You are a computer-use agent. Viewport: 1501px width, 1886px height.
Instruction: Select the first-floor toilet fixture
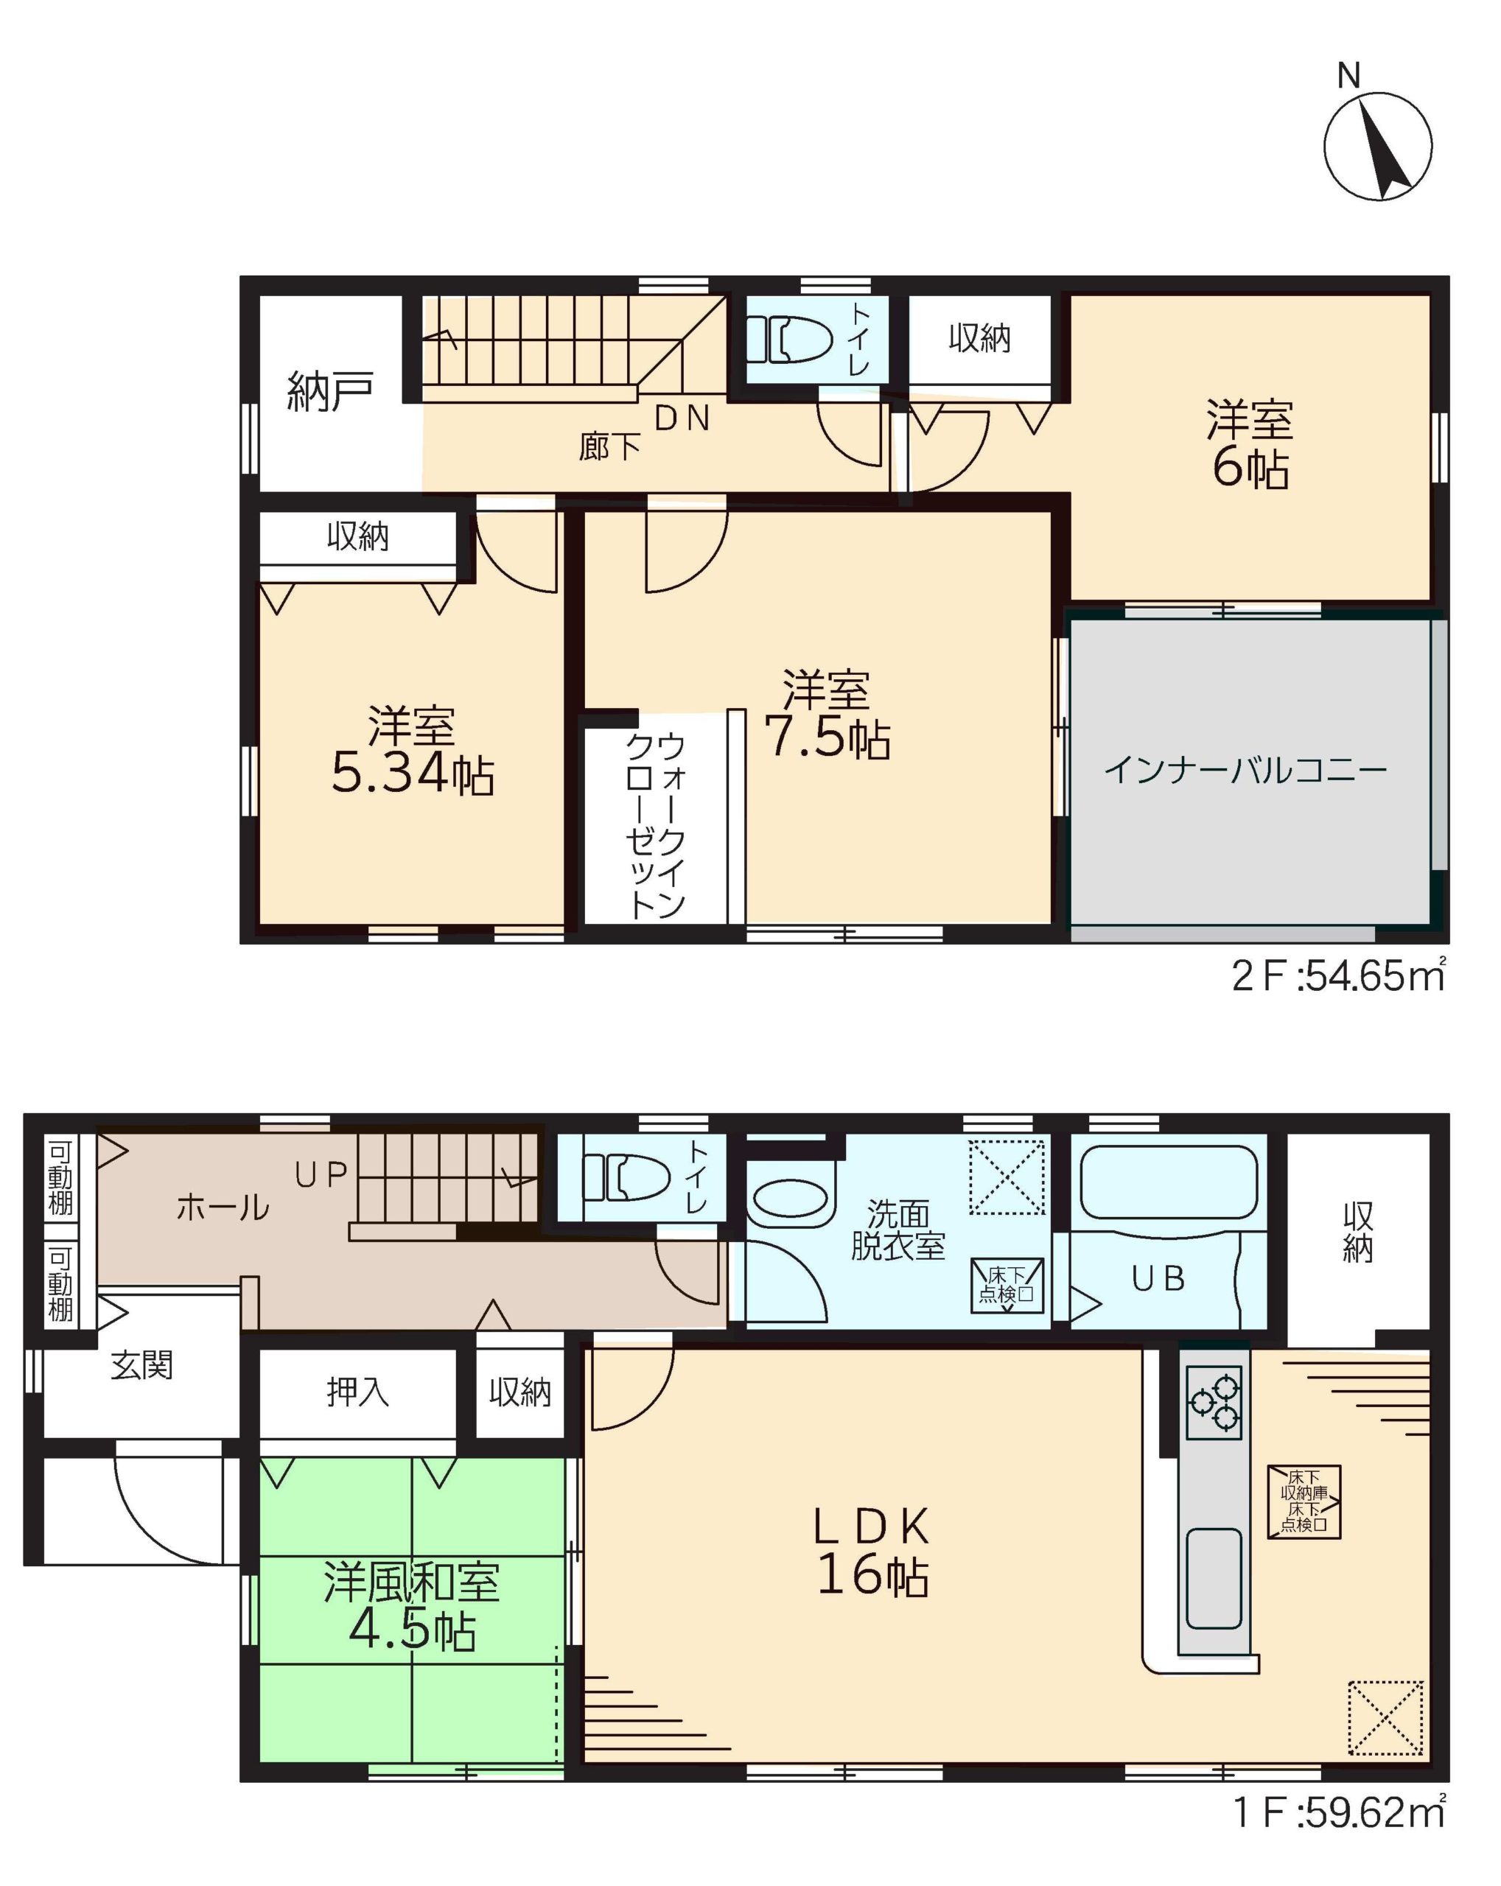625,1177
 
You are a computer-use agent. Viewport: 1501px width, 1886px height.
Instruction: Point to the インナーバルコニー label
1245,770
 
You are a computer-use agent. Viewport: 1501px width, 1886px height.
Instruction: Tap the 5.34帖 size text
413,774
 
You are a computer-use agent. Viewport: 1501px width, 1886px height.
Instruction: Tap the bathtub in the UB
1169,1182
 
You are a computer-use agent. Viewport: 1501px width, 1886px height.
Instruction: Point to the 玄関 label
141,1364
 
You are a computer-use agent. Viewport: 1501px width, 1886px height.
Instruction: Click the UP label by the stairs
321,1175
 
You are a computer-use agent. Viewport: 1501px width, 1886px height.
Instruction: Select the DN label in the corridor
682,419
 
